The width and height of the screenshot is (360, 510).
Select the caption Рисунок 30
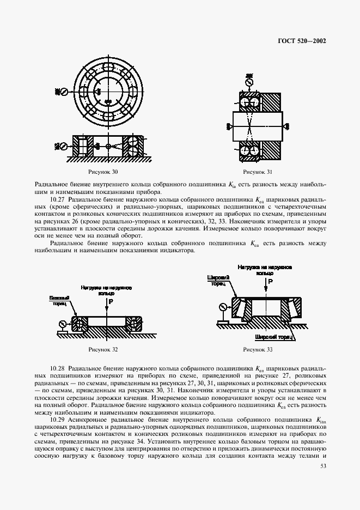click(107, 173)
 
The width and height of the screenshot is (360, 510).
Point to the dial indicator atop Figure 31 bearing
click(249, 83)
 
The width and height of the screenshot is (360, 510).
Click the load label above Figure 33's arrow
click(265, 270)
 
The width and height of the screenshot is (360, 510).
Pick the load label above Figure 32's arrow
click(106, 289)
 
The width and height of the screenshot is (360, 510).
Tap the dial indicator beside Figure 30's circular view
click(64, 92)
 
